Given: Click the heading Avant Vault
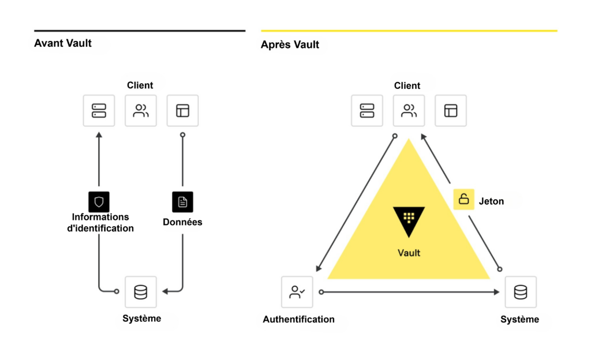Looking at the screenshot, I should [x=63, y=43].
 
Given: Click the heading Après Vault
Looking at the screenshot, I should [x=290, y=44].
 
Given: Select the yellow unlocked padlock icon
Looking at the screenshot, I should [x=463, y=200].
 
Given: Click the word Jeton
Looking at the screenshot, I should [x=491, y=201].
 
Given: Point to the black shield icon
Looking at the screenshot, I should [x=99, y=201].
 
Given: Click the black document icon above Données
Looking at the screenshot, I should [x=182, y=201].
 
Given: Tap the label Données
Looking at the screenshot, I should [x=182, y=222].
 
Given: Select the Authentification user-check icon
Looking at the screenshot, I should [x=297, y=292].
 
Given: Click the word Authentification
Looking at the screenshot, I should [x=298, y=319].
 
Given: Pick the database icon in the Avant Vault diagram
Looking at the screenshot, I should [x=140, y=292].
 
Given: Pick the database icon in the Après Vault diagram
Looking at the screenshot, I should [x=520, y=292].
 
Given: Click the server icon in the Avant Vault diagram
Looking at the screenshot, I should [x=99, y=110].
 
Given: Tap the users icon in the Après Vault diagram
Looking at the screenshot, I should [x=409, y=110].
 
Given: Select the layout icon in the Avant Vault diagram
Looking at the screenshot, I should [x=182, y=110].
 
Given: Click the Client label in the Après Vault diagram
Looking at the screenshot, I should [x=407, y=85].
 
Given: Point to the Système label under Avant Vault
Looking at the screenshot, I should [x=141, y=318].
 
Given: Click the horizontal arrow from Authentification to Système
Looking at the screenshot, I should [x=410, y=292].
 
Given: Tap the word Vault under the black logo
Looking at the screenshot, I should [x=409, y=253].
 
